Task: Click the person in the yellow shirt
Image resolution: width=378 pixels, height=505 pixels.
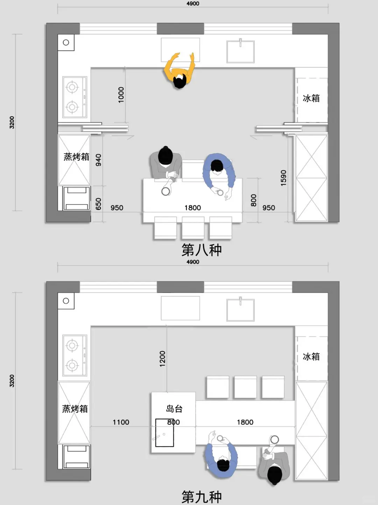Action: click(180, 71)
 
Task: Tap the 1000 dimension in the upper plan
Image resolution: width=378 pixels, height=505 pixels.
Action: click(121, 95)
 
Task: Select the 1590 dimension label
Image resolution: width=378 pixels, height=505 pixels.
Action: click(283, 178)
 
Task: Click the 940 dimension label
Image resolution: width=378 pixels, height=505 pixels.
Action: click(98, 160)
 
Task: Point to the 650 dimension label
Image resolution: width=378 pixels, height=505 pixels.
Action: click(98, 204)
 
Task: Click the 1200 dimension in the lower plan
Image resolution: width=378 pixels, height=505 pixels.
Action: click(162, 359)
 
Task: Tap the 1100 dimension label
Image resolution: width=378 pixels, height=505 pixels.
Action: click(121, 422)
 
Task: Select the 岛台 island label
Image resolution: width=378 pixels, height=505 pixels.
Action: click(174, 409)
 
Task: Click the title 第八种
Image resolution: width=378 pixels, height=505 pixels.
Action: click(202, 250)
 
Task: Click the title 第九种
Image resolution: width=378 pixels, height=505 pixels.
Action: click(202, 497)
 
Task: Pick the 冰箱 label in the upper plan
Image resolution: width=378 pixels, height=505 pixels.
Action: click(311, 98)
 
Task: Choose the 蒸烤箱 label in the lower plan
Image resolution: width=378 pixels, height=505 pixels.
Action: click(75, 409)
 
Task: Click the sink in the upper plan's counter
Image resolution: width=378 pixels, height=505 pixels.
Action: click(240, 51)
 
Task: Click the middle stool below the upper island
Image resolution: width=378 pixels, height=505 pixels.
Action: click(193, 227)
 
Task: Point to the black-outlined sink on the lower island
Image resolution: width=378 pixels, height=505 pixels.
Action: click(164, 433)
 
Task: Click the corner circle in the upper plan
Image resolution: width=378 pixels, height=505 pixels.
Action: click(66, 43)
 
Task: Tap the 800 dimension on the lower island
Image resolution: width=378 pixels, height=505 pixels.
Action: click(174, 422)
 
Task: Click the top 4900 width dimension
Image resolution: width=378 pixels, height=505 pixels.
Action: click(193, 4)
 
